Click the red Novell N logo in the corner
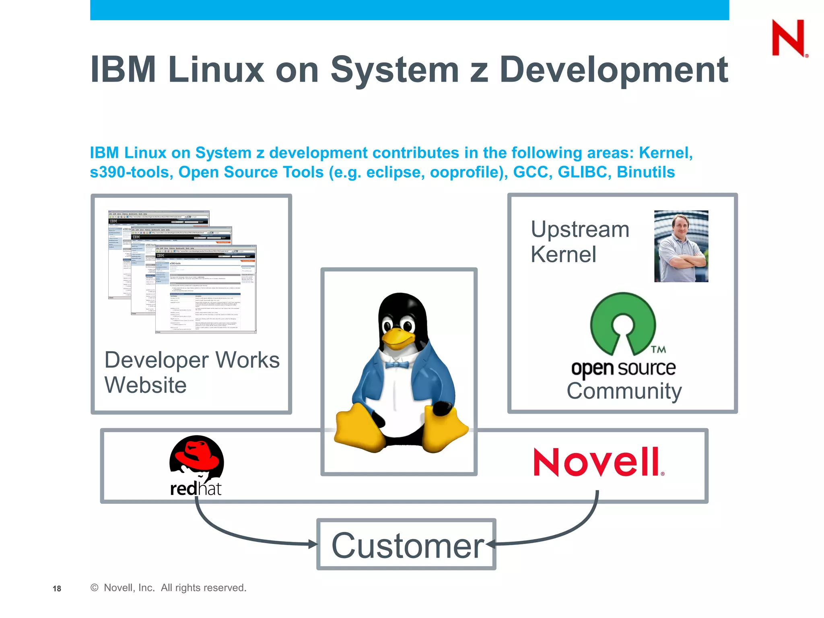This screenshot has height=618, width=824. tap(788, 38)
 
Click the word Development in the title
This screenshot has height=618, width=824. tap(614, 70)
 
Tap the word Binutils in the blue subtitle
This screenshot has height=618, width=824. tap(645, 172)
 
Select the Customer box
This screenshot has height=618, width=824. tap(406, 544)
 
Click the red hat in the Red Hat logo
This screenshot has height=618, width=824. tap(196, 453)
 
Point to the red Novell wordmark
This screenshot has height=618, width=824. tap(598, 462)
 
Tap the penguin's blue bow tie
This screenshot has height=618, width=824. tap(397, 365)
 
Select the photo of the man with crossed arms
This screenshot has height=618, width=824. tap(681, 246)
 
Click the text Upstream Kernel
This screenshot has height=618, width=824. tap(579, 242)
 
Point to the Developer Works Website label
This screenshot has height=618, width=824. tap(192, 372)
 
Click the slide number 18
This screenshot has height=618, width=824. tap(57, 589)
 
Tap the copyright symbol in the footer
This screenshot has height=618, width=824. tap(95, 588)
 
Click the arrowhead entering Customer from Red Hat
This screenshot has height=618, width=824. tap(313, 544)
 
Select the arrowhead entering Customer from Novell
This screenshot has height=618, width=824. tap(490, 544)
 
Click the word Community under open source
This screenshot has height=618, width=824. tap(624, 391)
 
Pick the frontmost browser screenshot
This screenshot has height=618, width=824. tap(206, 289)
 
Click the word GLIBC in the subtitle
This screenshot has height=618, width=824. tap(582, 172)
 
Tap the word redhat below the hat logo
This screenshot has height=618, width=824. tap(196, 489)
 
